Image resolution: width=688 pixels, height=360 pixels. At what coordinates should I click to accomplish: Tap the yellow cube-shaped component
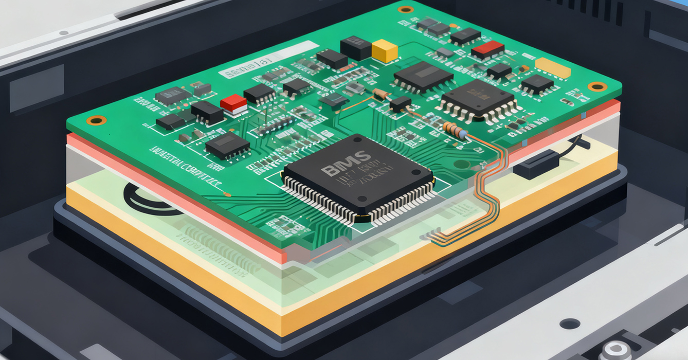tap(385, 51)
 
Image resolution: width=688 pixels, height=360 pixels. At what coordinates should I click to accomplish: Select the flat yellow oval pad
tap(553, 68)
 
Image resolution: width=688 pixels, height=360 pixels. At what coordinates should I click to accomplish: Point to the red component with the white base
tap(234, 104)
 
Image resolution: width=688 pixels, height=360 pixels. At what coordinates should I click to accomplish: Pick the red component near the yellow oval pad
tap(487, 50)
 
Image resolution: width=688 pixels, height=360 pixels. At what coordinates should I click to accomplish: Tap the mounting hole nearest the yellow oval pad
tap(597, 86)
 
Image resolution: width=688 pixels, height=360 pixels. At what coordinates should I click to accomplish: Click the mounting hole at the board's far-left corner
tap(96, 120)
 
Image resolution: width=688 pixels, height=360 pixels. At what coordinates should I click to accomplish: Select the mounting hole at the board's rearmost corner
tap(406, 9)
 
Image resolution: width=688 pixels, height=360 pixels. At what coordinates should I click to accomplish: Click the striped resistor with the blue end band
tap(455, 130)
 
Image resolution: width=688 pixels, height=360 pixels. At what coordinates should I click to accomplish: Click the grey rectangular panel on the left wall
tap(36, 87)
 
